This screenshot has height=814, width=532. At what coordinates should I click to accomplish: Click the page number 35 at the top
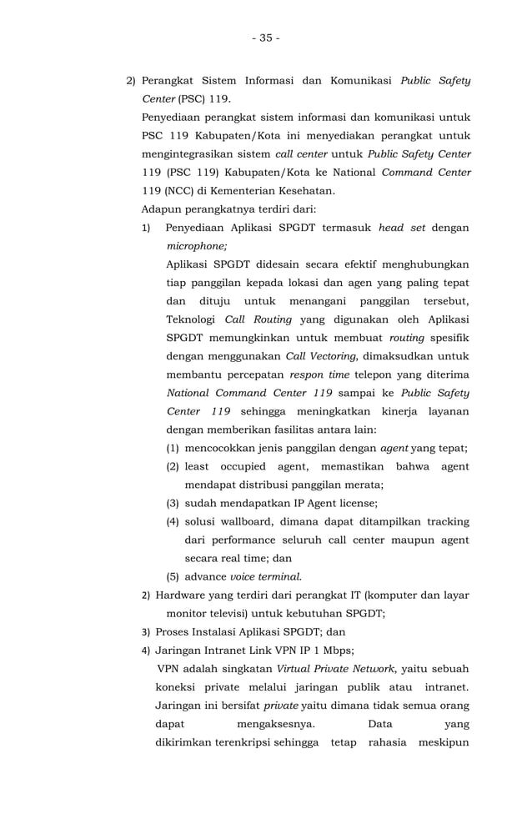point(266,38)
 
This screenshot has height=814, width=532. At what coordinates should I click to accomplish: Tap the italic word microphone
point(195,246)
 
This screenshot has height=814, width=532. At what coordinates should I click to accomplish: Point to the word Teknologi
point(193,319)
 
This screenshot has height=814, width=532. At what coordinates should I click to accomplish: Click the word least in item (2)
point(199,466)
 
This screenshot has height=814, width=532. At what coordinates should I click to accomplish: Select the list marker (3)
point(173,503)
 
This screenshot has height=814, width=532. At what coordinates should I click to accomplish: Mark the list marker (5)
point(173,576)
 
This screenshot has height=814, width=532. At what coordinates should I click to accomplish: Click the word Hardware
point(183,595)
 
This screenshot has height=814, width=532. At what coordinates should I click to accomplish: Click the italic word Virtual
point(297,669)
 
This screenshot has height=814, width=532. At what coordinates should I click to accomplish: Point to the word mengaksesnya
point(272,724)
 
